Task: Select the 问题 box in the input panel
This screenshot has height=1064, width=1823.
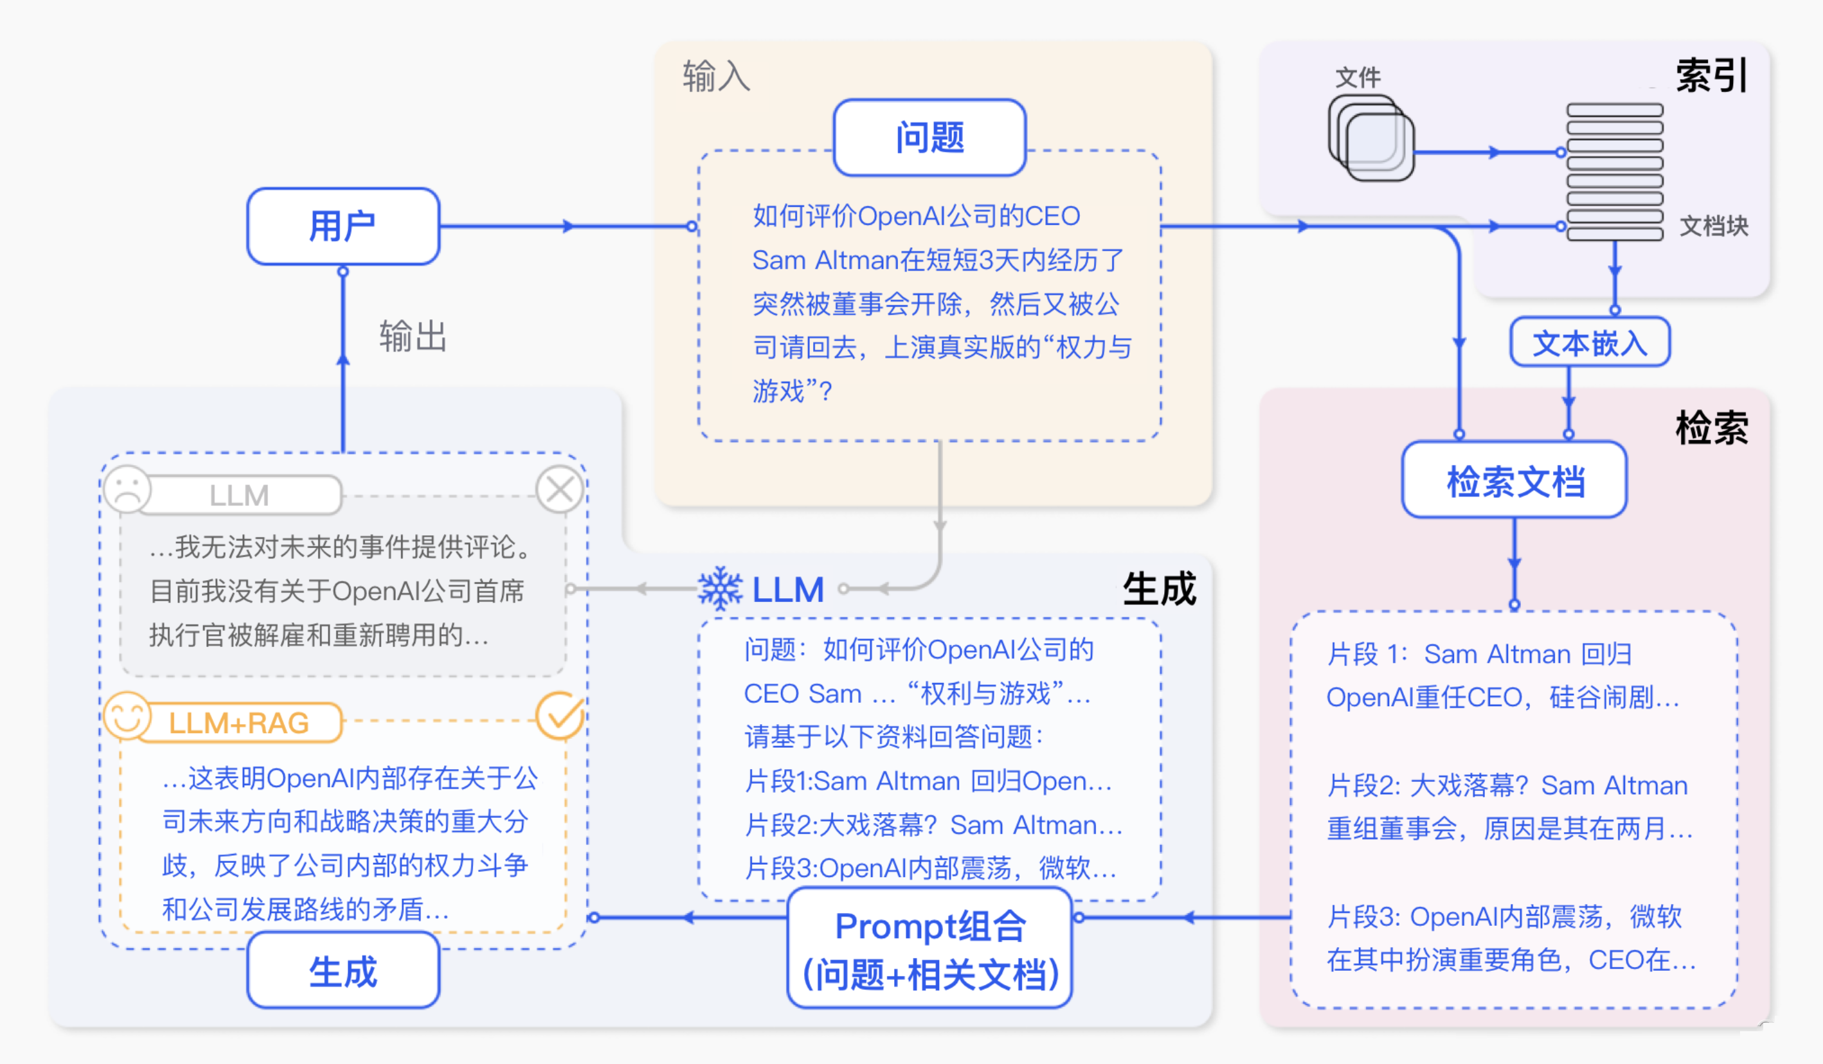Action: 929,137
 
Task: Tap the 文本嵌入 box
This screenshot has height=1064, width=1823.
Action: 1590,342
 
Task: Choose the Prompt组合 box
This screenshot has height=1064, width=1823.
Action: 929,948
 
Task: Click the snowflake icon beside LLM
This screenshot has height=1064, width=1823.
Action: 720,589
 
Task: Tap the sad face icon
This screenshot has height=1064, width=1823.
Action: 127,490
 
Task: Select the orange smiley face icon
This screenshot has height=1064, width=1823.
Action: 127,717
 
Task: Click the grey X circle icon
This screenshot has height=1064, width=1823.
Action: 560,490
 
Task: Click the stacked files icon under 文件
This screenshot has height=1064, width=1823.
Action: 1371,137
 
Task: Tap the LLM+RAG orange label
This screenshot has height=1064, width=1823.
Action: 238,723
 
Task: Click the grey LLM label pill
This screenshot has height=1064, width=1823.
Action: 238,495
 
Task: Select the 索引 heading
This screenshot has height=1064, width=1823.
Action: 1711,75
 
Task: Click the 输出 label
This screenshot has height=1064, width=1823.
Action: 413,336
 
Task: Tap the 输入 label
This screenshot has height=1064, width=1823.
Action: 716,76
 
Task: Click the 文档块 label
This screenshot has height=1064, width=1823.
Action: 1713,226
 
